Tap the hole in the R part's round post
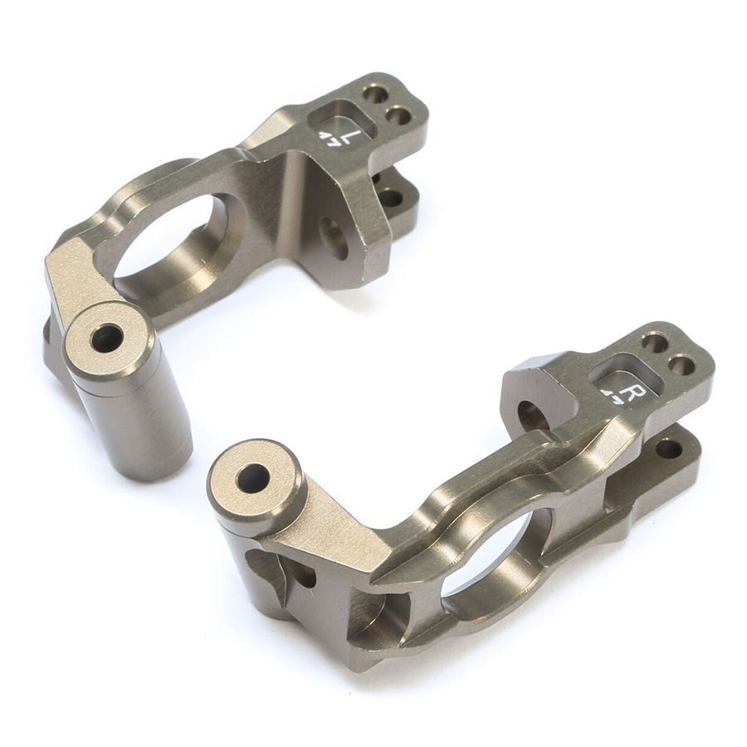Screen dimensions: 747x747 (x=252, y=478)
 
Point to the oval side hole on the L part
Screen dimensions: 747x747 (x=334, y=238)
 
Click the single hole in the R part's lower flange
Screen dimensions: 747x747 (x=668, y=449)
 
